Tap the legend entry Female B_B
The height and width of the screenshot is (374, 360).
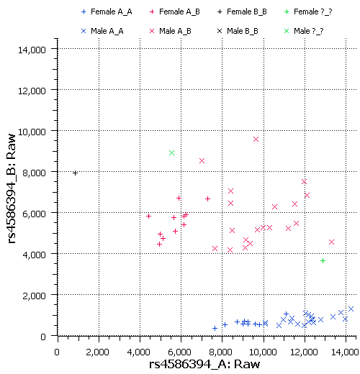[x=243, y=12]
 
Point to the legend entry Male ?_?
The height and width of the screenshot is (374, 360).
[x=305, y=31]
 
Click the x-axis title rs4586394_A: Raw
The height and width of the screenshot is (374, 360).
[x=204, y=365]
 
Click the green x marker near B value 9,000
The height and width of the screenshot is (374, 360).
[x=171, y=152]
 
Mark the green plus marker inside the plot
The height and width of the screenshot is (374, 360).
[x=323, y=260]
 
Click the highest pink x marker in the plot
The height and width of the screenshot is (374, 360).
[x=256, y=139]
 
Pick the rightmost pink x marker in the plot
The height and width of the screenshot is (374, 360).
[x=331, y=242]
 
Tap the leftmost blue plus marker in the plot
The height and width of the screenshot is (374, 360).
[x=215, y=328]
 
